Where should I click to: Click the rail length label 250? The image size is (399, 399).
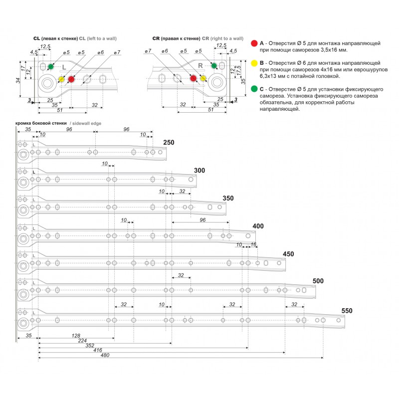click(x=169, y=143)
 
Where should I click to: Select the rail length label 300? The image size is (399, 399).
click(x=199, y=171)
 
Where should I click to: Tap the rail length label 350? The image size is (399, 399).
click(x=227, y=198)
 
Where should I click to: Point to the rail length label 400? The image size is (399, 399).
click(x=258, y=226)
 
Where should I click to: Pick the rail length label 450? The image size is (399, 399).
click(x=288, y=254)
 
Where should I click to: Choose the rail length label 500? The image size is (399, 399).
click(x=318, y=281)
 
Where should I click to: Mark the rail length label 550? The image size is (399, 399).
click(x=347, y=311)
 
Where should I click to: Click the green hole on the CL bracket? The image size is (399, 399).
click(x=51, y=66)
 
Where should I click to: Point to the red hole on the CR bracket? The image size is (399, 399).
click(x=193, y=78)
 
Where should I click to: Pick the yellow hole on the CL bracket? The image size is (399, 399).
click(x=61, y=79)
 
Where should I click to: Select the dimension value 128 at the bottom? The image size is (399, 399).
click(x=76, y=336)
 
